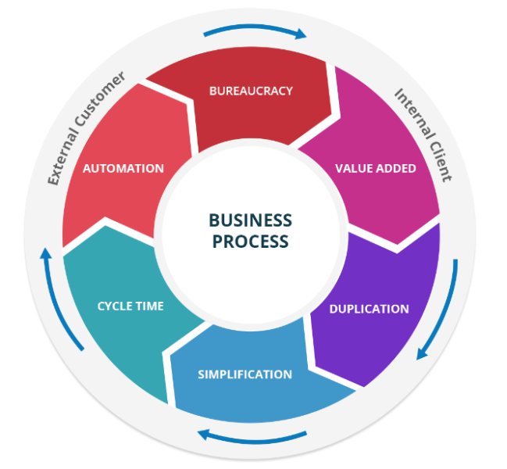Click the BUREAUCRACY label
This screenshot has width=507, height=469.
pyautogui.click(x=251, y=91)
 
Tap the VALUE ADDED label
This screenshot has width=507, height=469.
pyautogui.click(x=376, y=169)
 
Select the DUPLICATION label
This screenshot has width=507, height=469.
pyautogui.click(x=369, y=309)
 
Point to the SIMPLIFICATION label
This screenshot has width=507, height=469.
pyautogui.click(x=245, y=374)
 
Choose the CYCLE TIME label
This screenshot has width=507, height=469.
pyautogui.click(x=130, y=306)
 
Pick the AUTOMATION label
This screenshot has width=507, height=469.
pyautogui.click(x=123, y=169)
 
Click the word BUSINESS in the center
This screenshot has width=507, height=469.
pyautogui.click(x=250, y=220)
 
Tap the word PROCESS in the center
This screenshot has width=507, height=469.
pyautogui.click(x=250, y=242)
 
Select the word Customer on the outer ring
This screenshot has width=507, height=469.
pyautogui.click(x=100, y=98)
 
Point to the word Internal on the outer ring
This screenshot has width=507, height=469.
pyautogui.click(x=414, y=113)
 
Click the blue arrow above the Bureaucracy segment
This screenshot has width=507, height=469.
pyautogui.click(x=255, y=27)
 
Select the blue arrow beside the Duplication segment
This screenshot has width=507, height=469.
pyautogui.click(x=445, y=313)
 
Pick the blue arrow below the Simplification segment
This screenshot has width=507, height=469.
pyautogui.click(x=252, y=439)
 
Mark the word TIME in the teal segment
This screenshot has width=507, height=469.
pyautogui.click(x=150, y=306)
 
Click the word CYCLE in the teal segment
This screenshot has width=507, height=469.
pyautogui.click(x=115, y=306)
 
